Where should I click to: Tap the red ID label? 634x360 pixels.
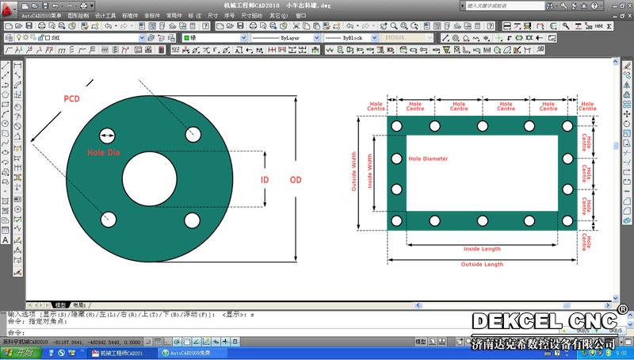(265, 180)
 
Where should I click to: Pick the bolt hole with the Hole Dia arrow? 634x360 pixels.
(107, 135)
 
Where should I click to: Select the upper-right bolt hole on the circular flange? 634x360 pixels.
(192, 135)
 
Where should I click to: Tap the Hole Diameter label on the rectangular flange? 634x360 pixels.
(428, 159)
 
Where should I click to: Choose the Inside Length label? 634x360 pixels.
(482, 249)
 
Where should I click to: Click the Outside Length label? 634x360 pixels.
(482, 264)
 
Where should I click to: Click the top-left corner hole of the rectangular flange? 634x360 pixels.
(396, 127)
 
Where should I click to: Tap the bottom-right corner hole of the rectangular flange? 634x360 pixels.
(567, 220)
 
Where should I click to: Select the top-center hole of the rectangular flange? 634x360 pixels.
(482, 127)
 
